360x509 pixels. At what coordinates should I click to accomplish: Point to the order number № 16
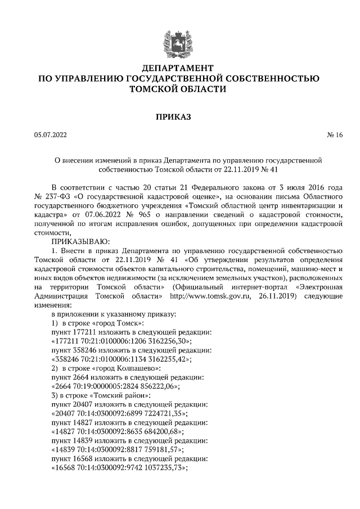(335, 135)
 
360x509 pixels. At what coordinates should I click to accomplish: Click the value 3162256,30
(168, 341)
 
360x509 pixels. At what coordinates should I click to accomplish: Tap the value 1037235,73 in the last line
(161, 469)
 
